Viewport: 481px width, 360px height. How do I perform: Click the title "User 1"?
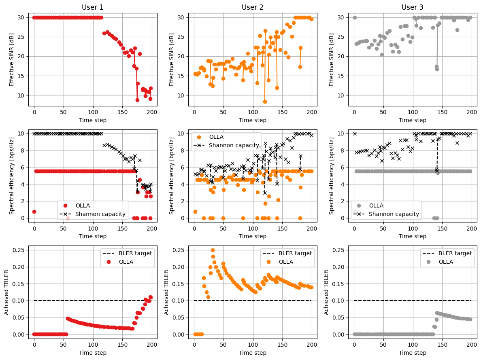93,7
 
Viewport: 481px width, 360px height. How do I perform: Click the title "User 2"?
253,7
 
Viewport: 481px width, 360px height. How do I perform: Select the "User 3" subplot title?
413,7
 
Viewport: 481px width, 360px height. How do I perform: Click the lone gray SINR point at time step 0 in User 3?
355,17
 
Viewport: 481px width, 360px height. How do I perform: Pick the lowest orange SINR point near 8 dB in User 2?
265,102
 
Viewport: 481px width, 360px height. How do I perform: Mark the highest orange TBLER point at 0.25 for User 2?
213,250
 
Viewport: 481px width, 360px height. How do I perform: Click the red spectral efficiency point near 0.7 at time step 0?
34,212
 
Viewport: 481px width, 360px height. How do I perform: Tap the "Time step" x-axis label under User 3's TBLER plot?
413,353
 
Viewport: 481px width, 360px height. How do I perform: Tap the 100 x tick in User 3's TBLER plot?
413,344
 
